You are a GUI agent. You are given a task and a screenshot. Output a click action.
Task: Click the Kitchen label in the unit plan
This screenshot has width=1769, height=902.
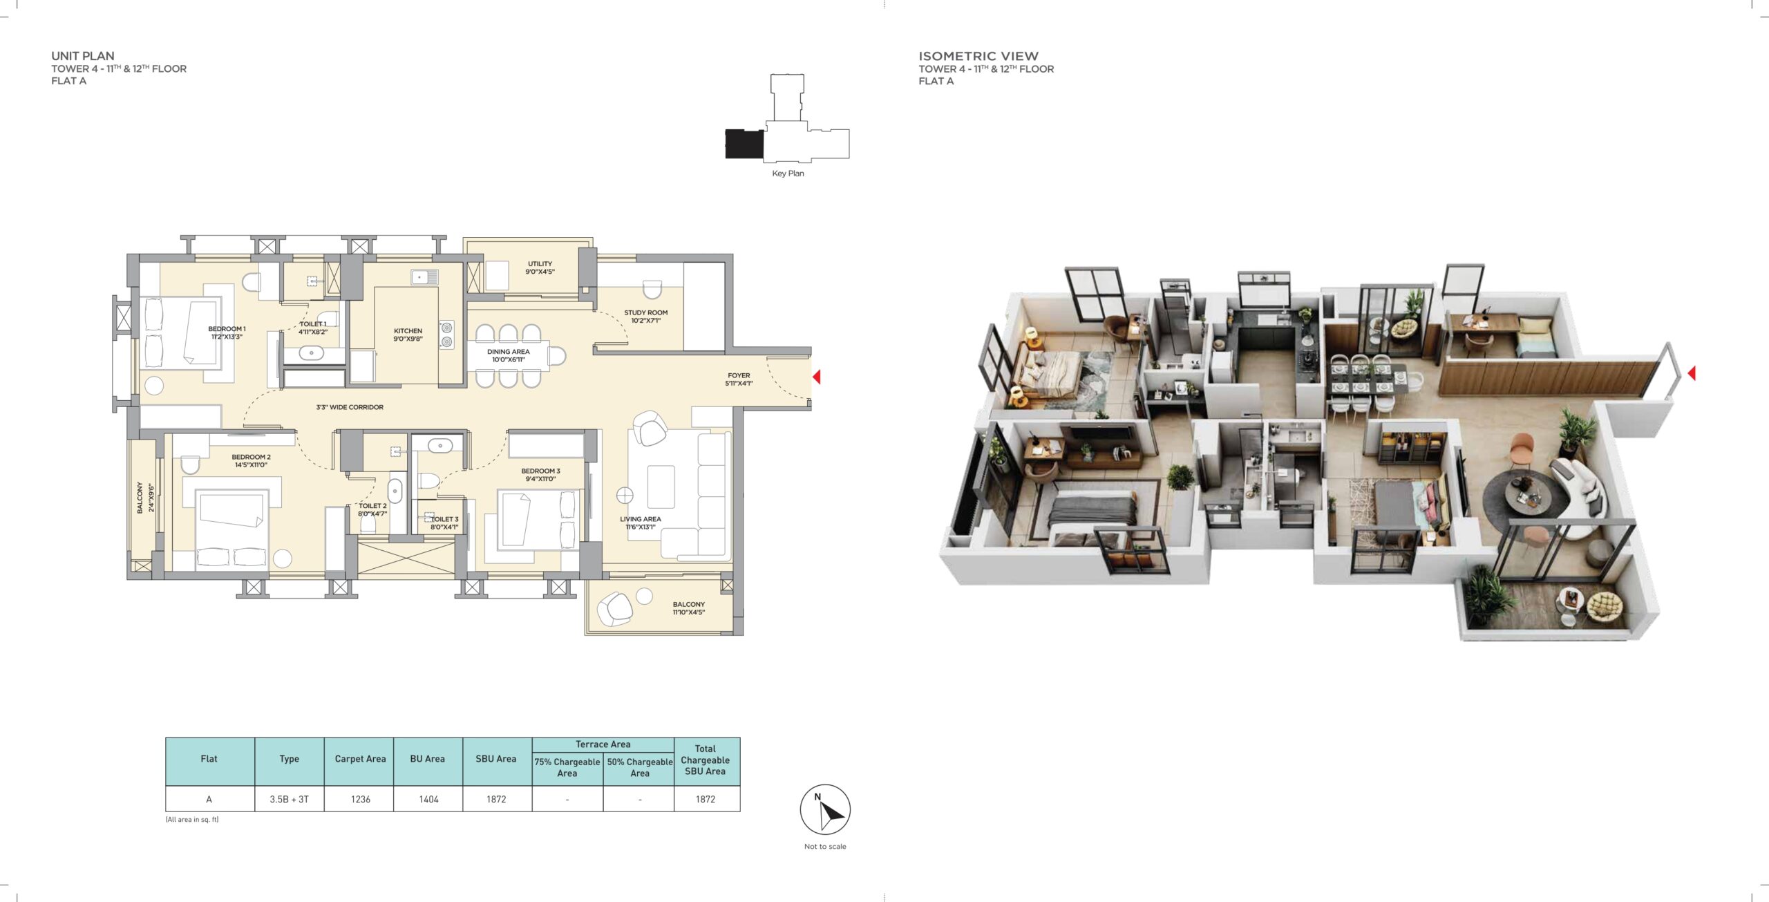click(408, 335)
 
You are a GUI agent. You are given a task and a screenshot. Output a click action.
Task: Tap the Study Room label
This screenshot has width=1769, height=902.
click(645, 317)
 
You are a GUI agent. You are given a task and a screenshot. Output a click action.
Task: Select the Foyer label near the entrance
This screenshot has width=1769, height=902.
click(739, 379)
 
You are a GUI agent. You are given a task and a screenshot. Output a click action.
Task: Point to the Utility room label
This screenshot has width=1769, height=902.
click(540, 267)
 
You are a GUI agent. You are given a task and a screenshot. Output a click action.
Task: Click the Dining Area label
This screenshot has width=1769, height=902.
click(508, 355)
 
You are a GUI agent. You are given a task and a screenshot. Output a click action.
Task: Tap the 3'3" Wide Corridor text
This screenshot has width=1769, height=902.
click(350, 407)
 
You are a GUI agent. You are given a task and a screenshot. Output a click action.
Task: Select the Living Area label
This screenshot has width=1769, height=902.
click(640, 523)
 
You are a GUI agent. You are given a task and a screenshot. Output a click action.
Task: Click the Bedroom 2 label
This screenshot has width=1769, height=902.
click(251, 461)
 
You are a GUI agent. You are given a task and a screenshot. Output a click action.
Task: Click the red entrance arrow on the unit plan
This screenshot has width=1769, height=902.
click(816, 377)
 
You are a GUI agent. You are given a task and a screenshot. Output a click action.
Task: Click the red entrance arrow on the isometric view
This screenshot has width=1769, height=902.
click(1692, 373)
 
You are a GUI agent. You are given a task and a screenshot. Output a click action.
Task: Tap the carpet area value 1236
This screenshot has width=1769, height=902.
click(360, 799)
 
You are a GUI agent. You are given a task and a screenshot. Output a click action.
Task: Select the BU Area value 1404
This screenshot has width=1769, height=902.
click(428, 799)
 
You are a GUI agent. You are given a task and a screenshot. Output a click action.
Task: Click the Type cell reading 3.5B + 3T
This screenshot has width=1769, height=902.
click(289, 799)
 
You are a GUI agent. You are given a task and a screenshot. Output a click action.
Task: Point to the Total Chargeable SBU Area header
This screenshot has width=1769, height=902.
click(705, 760)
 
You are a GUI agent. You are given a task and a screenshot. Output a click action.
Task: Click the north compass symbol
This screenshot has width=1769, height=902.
click(825, 809)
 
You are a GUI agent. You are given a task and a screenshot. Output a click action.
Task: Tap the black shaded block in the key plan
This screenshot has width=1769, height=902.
click(744, 144)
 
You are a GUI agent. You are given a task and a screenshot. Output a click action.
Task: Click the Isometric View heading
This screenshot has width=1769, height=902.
click(978, 56)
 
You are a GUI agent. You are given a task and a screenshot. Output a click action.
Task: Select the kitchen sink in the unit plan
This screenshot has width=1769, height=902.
click(424, 277)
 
